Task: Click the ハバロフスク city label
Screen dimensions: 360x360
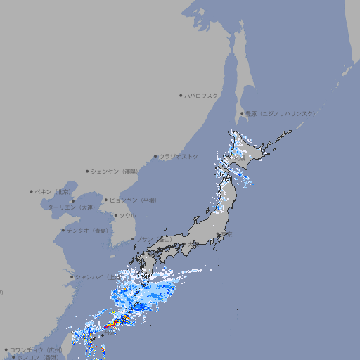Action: [202, 95]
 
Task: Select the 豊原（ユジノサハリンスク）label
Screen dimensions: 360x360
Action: [280, 113]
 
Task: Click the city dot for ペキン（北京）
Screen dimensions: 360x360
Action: [32, 191]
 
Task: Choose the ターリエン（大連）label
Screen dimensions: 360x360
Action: [71, 207]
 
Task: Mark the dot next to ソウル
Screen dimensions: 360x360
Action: [114, 215]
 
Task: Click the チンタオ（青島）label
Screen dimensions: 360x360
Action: [89, 230]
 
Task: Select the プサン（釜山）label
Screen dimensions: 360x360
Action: [153, 240]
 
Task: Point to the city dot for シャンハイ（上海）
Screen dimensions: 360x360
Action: [71, 276]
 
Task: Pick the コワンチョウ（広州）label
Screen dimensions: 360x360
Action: [36, 349]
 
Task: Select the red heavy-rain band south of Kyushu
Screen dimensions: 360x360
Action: [112, 324]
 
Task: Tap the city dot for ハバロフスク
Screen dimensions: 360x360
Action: [181, 95]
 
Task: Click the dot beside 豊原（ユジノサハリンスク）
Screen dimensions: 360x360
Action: [242, 113]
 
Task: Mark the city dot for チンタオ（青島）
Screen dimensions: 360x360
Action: [63, 230]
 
